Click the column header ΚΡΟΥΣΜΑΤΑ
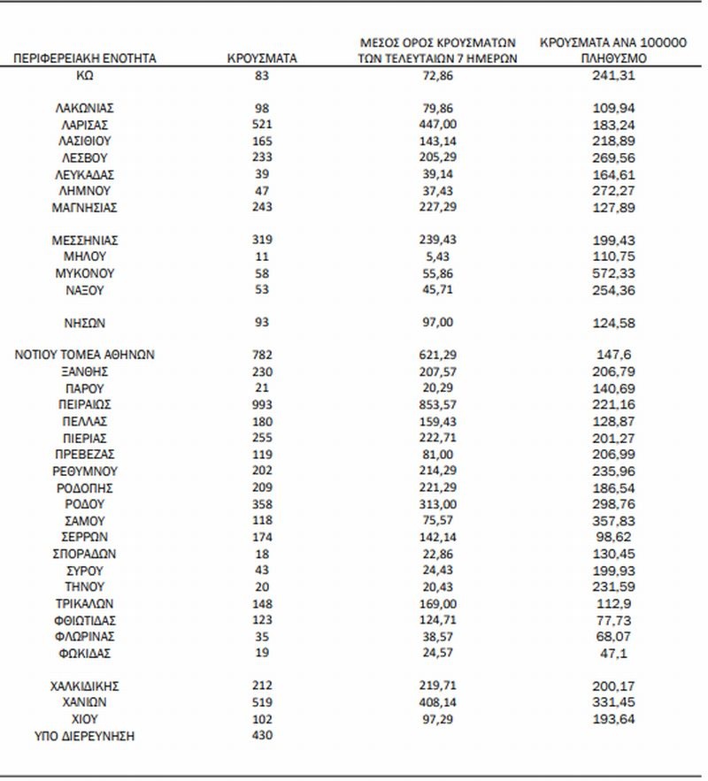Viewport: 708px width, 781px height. (261, 58)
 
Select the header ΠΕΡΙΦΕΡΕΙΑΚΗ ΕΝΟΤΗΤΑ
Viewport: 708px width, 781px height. (85, 58)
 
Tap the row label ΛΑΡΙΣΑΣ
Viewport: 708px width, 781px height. (85, 125)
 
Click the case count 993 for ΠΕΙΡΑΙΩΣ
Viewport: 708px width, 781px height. (261, 404)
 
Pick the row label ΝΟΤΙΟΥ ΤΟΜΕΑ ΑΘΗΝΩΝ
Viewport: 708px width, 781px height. (85, 355)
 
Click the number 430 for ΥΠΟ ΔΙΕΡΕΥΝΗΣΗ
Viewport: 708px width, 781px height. (261, 735)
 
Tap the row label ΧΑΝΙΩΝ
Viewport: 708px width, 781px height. (85, 702)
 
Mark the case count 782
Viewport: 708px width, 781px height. (261, 355)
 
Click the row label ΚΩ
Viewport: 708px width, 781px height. (85, 75)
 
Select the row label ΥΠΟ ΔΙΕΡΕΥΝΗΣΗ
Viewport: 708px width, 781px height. (85, 735)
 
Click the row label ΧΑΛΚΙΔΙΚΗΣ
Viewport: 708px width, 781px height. (85, 685)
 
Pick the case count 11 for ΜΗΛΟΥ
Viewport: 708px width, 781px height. (261, 257)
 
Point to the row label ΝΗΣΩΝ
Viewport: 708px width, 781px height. (85, 323)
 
